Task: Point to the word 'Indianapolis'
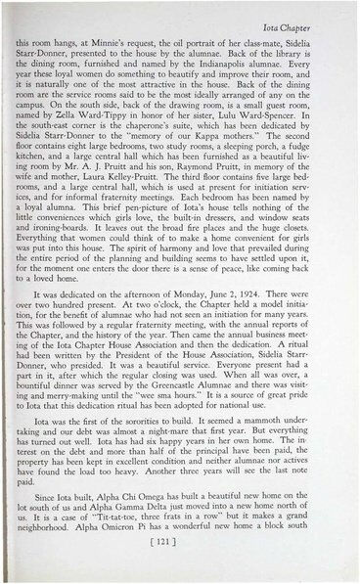(251, 69)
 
